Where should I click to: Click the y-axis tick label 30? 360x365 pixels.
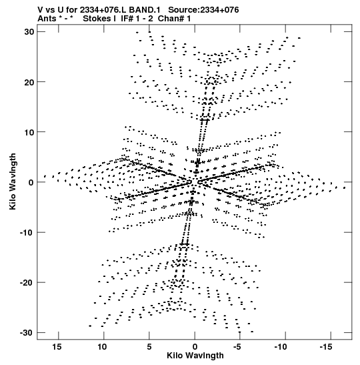29,32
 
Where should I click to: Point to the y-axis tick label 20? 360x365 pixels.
29,82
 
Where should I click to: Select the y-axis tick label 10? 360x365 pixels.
29,132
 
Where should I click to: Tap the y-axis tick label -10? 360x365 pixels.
27,232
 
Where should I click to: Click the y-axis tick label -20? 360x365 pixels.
27,283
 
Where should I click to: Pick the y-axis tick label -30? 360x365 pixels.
27,333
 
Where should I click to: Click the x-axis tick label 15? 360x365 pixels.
57,347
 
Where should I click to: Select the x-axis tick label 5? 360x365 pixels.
149,347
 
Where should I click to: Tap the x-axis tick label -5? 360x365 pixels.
237,347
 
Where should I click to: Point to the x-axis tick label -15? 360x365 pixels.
326,347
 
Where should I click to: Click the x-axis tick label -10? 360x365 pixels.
281,347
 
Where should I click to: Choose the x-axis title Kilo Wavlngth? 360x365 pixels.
195,356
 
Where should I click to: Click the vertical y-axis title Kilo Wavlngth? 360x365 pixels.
13,181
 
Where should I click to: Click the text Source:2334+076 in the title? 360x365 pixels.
203,10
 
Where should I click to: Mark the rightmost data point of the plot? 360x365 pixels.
344,188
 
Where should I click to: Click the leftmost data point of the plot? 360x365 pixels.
45,176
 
